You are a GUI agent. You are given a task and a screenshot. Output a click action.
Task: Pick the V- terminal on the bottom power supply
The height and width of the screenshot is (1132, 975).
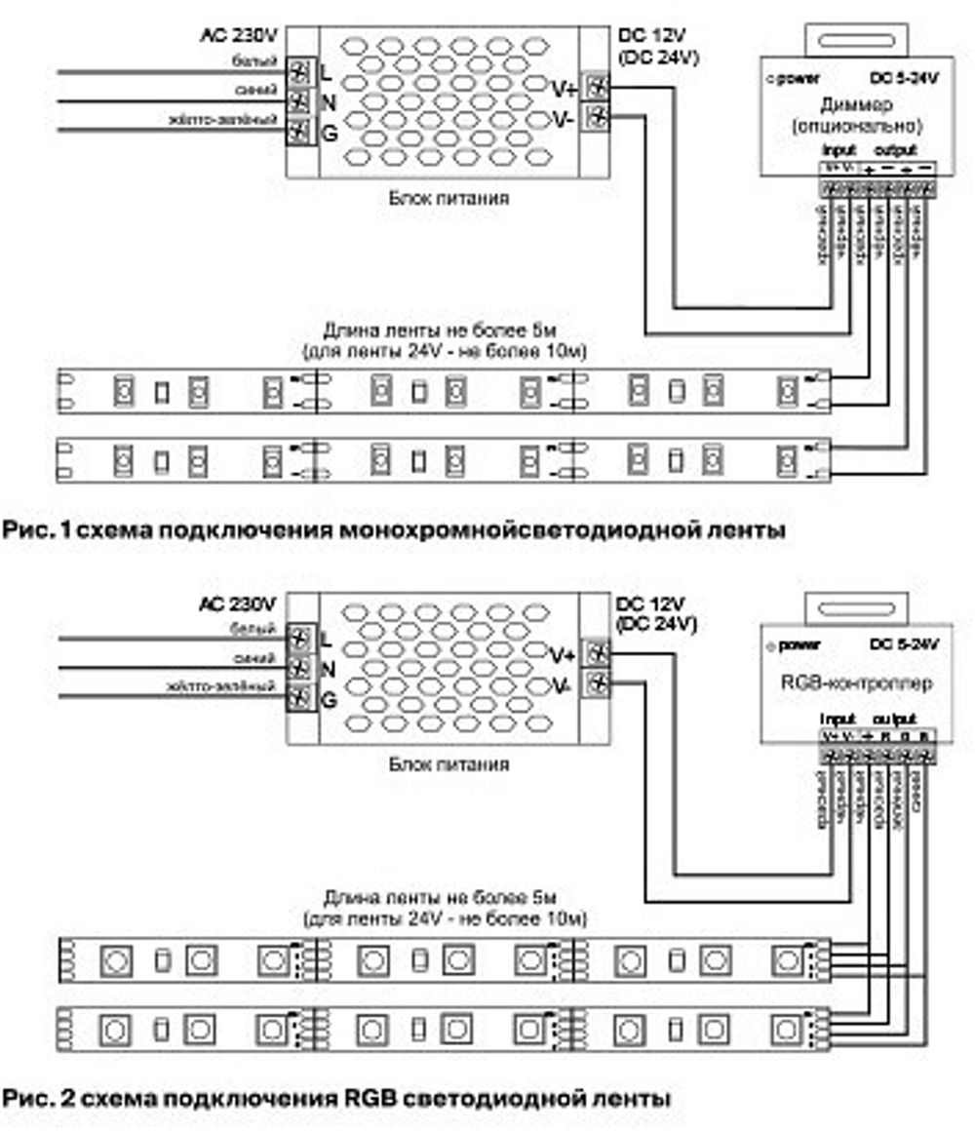[596, 684]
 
